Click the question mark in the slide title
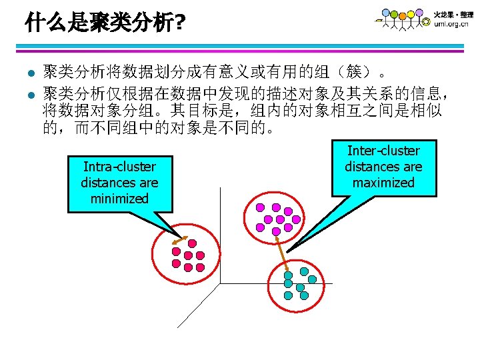click(180, 25)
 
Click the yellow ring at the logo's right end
click(426, 22)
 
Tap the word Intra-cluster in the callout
click(119, 167)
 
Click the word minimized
click(119, 198)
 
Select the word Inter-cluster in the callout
click(383, 151)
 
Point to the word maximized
click(383, 182)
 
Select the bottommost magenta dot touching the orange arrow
click(276, 231)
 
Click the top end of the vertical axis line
click(219, 189)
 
